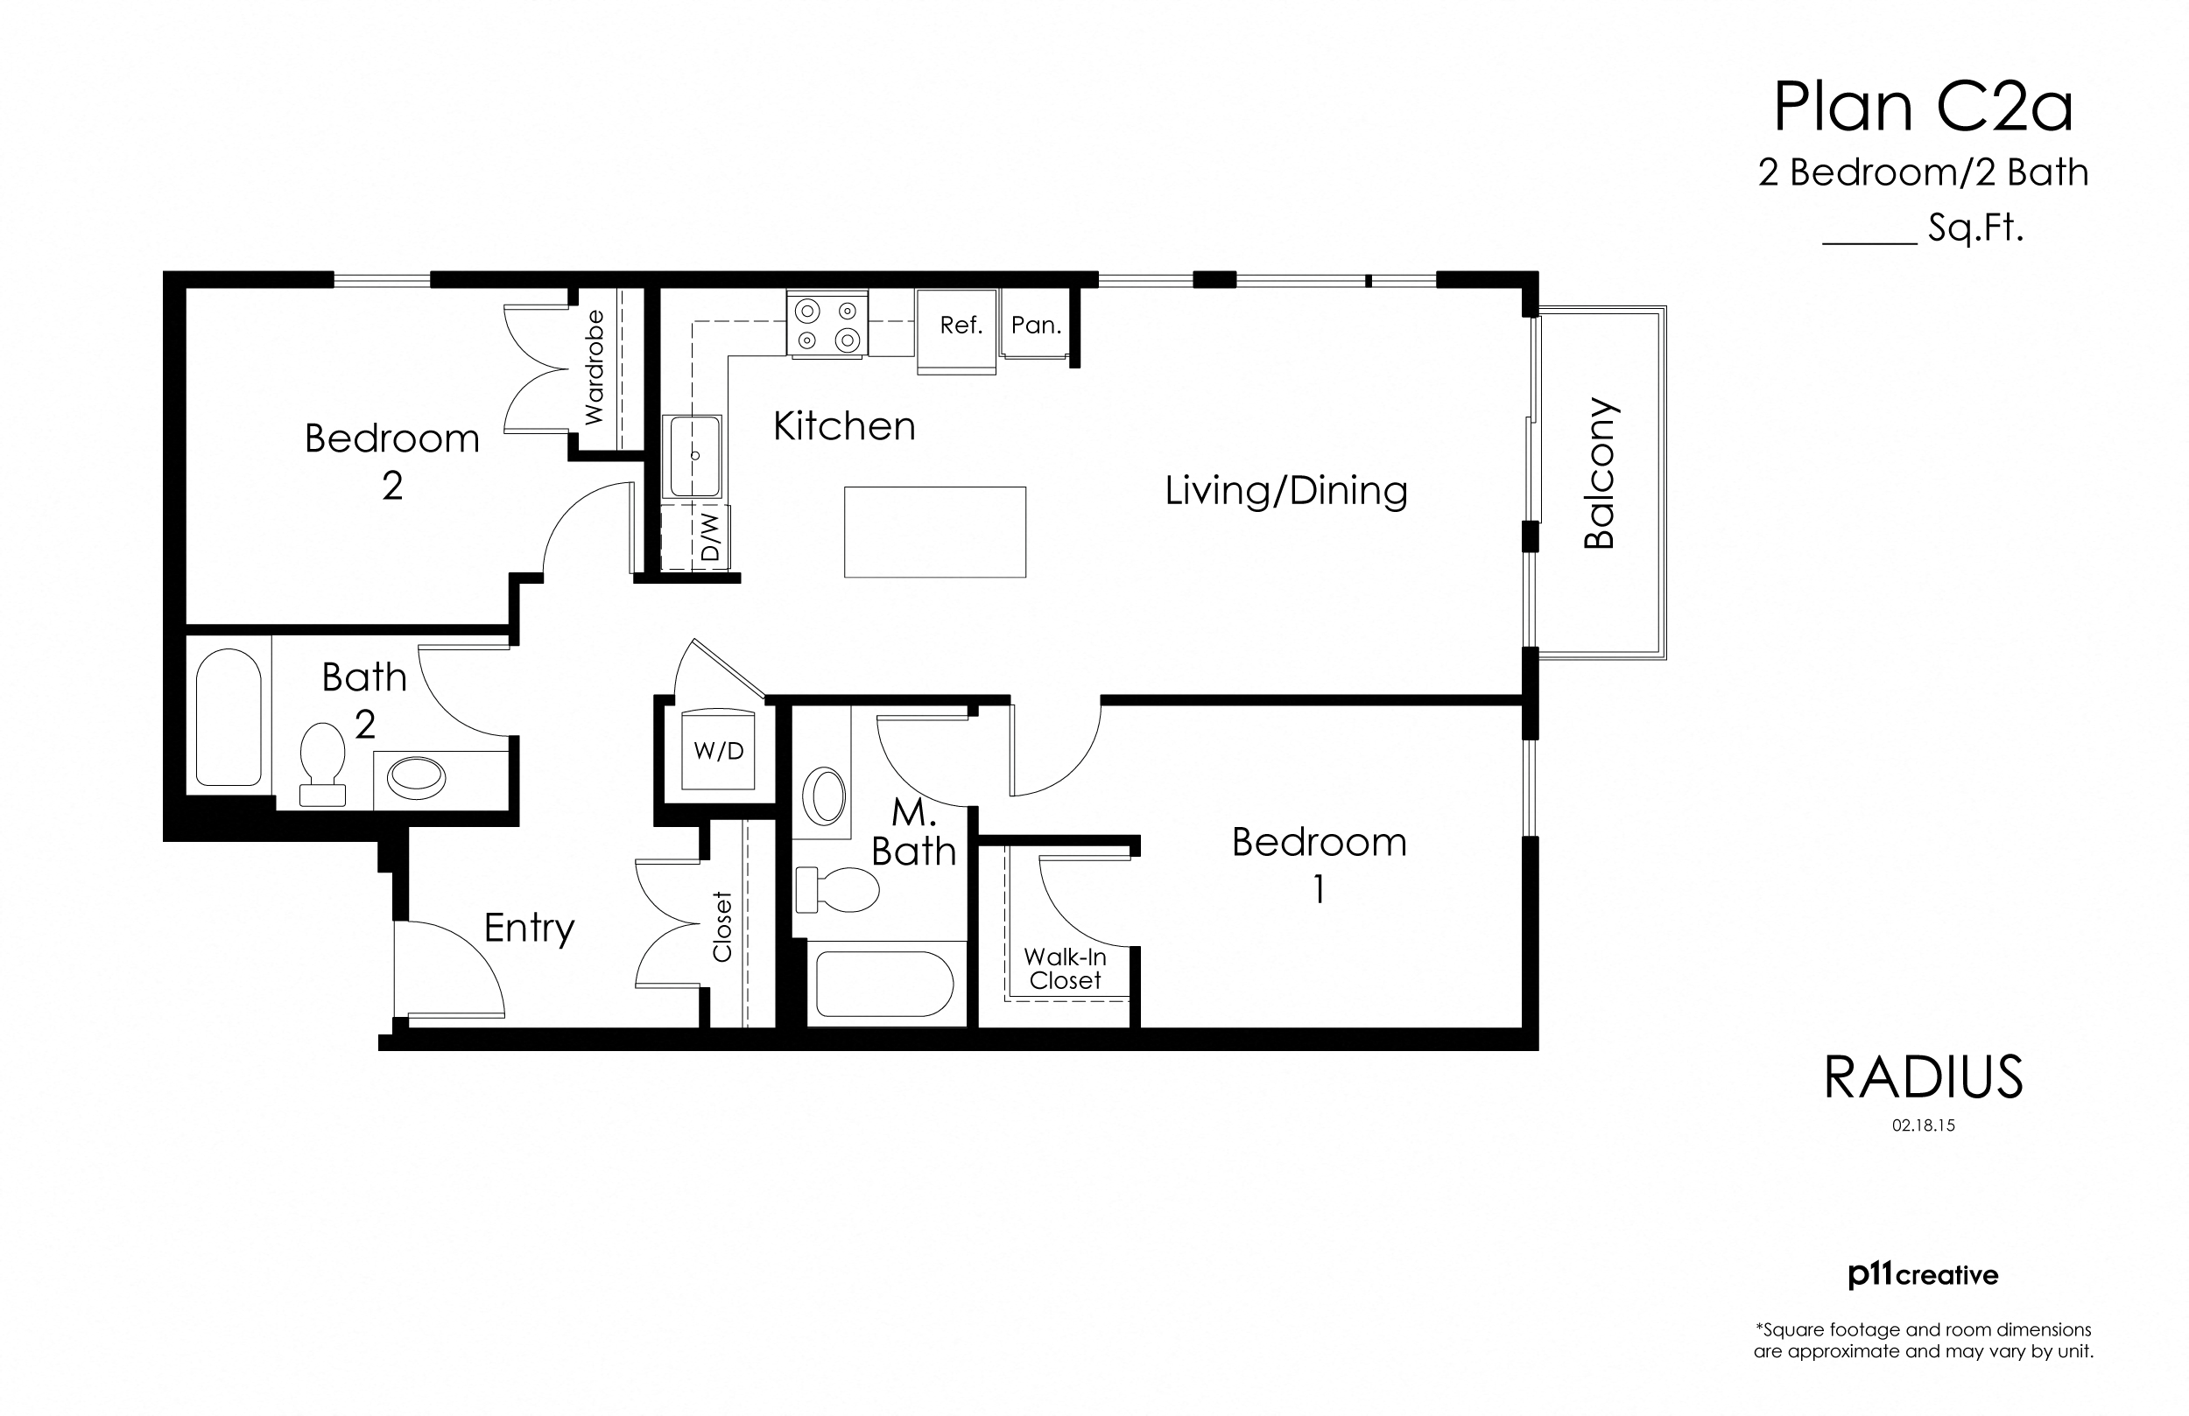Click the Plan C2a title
[x=1922, y=109]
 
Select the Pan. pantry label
[x=1036, y=325]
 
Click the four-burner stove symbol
[x=827, y=325]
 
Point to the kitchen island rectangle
[x=934, y=531]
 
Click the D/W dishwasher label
[x=710, y=537]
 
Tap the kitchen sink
[x=694, y=456]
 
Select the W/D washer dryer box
[x=718, y=749]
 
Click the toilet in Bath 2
[x=322, y=763]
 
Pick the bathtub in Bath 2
[x=229, y=719]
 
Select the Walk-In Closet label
[x=1065, y=969]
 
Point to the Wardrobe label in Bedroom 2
[x=595, y=368]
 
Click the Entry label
[x=529, y=928]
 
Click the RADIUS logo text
[x=1923, y=1077]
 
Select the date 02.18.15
[x=1923, y=1125]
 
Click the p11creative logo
[x=1923, y=1275]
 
